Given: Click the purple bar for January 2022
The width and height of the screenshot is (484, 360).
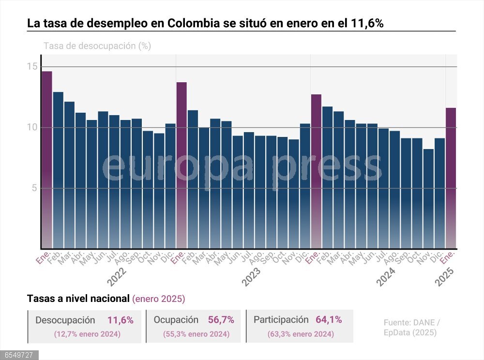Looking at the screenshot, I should click(46, 160).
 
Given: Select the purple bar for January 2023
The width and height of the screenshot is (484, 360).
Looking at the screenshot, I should click(181, 165).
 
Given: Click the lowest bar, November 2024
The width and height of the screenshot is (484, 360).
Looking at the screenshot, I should click(428, 198).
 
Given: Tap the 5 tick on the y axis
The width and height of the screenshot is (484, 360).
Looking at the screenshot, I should click(34, 188).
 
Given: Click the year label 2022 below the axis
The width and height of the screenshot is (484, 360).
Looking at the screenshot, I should click(117, 277).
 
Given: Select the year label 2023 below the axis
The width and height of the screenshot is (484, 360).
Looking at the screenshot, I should click(252, 277).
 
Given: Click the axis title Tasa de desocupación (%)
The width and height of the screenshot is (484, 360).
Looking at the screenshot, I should click(97, 46).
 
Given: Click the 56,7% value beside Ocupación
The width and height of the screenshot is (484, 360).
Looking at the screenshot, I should click(221, 320).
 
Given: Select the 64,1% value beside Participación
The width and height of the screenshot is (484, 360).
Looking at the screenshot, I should click(329, 319).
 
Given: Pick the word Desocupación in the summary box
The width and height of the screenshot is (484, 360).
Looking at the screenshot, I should click(65, 320).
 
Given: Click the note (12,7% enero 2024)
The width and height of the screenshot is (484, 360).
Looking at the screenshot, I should click(87, 334).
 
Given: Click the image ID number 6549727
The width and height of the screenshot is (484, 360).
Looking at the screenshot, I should click(17, 355).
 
